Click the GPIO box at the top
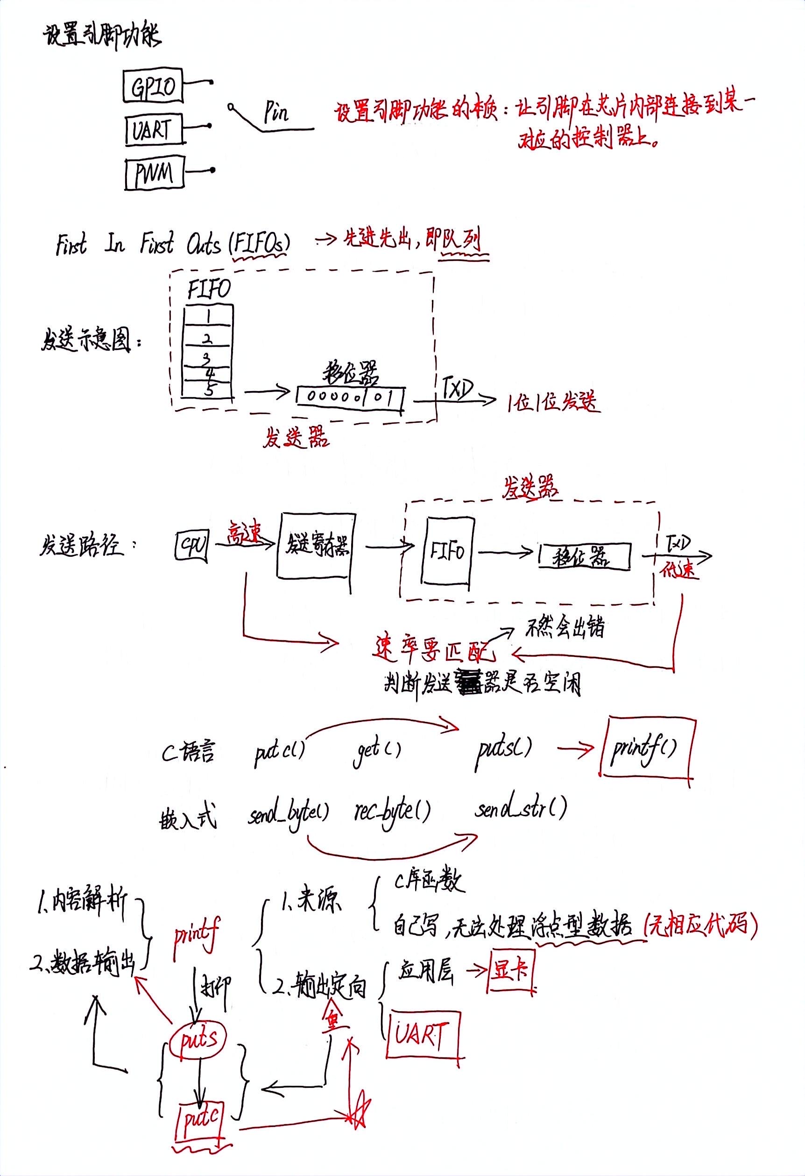pyautogui.click(x=152, y=86)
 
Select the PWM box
pyautogui.click(x=154, y=174)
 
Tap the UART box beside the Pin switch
pyautogui.click(x=152, y=130)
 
